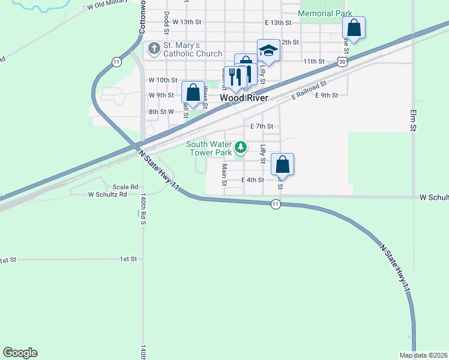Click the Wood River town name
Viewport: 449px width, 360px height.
click(x=244, y=97)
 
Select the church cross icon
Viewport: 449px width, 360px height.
click(x=154, y=48)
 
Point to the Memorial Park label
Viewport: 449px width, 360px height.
click(x=325, y=13)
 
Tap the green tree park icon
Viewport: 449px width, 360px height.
click(x=241, y=146)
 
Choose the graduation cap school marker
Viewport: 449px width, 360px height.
click(x=268, y=51)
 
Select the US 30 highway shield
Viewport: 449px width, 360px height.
click(x=342, y=61)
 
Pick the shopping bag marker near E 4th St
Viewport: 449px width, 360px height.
click(x=283, y=164)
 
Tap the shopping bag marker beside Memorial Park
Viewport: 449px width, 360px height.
click(x=354, y=28)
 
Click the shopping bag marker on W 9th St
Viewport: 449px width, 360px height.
click(x=193, y=92)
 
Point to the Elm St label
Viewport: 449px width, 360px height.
click(x=413, y=119)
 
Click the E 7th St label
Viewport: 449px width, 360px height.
click(x=262, y=126)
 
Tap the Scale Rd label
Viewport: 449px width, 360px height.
click(x=125, y=187)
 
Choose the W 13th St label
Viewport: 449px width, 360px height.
click(x=185, y=21)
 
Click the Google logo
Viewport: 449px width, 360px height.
click(x=20, y=353)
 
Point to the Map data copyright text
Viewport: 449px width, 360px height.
click(x=423, y=355)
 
